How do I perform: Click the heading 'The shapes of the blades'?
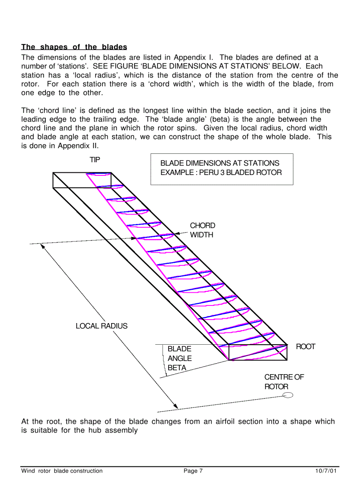(74, 47)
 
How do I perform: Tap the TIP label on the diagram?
(95, 160)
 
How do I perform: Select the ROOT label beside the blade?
(305, 346)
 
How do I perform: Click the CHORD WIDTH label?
(202, 230)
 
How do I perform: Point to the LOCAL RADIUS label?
(101, 326)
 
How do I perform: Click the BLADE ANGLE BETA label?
(180, 358)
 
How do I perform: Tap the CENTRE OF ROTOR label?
(284, 382)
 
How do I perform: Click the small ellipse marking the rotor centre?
(288, 395)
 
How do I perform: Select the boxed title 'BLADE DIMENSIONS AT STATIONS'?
(220, 163)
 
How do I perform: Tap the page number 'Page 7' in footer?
(193, 471)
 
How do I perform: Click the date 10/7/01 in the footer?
(327, 471)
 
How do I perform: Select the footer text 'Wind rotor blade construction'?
(62, 471)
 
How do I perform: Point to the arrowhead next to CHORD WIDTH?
(177, 234)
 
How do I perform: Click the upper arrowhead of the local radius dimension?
(43, 246)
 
